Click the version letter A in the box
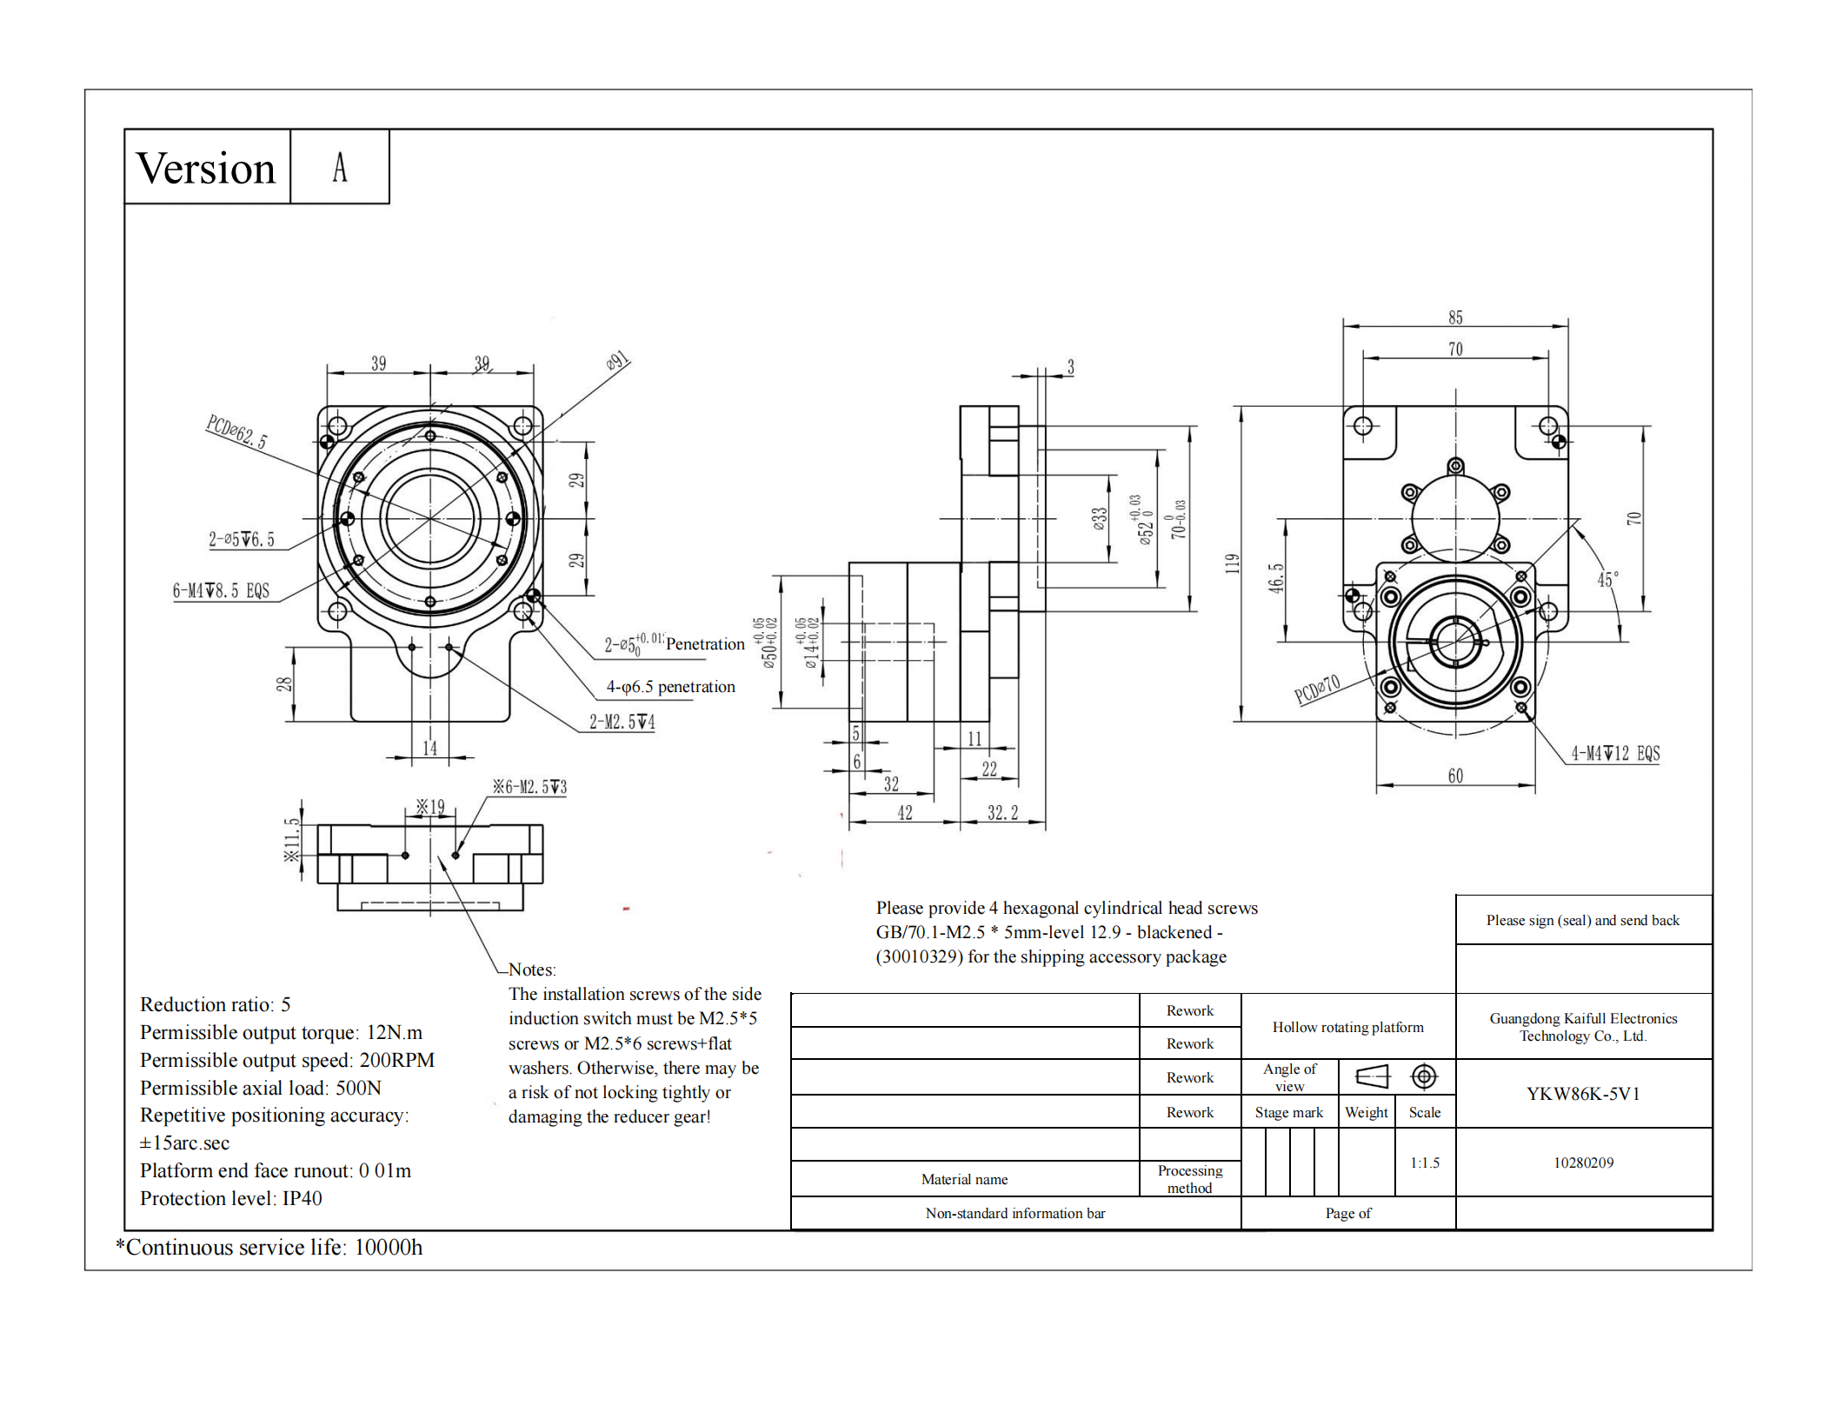click(340, 168)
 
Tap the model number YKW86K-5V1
click(1583, 1094)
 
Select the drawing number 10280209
click(1583, 1163)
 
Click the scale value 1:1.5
click(1425, 1163)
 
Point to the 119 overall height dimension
click(1232, 563)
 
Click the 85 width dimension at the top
click(1455, 317)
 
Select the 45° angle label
click(1607, 579)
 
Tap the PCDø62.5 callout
click(236, 431)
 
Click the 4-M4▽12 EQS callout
click(1615, 754)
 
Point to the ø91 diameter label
click(617, 361)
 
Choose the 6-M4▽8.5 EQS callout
click(221, 591)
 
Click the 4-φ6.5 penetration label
click(670, 687)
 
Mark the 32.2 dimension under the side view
click(1002, 813)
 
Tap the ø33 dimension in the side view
click(1100, 519)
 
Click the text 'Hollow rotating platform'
click(1347, 1027)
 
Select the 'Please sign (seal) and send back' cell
click(1582, 920)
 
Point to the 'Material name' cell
click(964, 1179)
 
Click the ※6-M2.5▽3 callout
click(529, 787)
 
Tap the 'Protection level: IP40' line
click(231, 1198)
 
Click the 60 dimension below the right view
click(1455, 776)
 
